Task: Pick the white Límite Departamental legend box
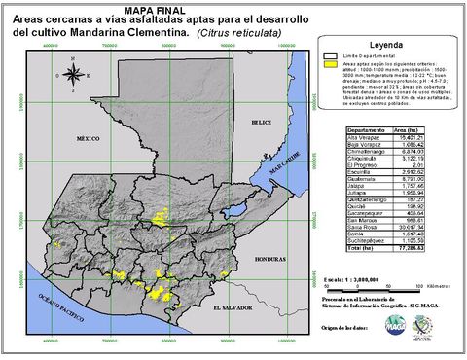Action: pyautogui.click(x=332, y=59)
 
